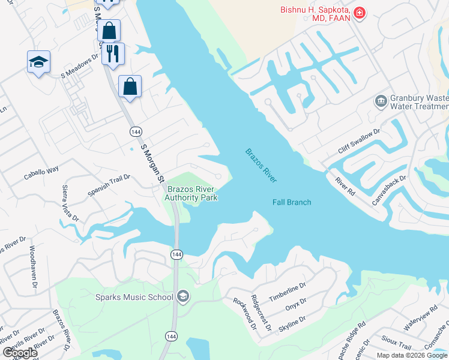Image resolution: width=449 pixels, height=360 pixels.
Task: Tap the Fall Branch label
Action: pos(292,202)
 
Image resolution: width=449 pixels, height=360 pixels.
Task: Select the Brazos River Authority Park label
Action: pos(191,193)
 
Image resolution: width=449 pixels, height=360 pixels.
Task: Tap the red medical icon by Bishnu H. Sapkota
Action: pos(360,13)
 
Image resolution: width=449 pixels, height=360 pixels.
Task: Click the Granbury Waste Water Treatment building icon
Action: pos(381,101)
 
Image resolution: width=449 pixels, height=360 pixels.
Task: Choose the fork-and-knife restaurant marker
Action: pos(113,53)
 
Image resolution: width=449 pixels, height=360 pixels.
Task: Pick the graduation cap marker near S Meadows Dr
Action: pos(38,62)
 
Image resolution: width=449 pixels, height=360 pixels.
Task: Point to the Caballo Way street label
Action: pos(41,170)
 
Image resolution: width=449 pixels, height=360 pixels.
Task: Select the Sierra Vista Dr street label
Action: pos(70,203)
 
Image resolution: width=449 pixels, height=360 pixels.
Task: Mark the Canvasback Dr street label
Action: pos(389,190)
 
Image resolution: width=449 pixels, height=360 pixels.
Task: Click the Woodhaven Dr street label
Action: pos(33,261)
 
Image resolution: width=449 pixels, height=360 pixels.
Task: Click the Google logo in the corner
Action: pos(19,353)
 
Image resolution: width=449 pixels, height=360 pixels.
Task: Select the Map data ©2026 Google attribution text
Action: pos(412,355)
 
